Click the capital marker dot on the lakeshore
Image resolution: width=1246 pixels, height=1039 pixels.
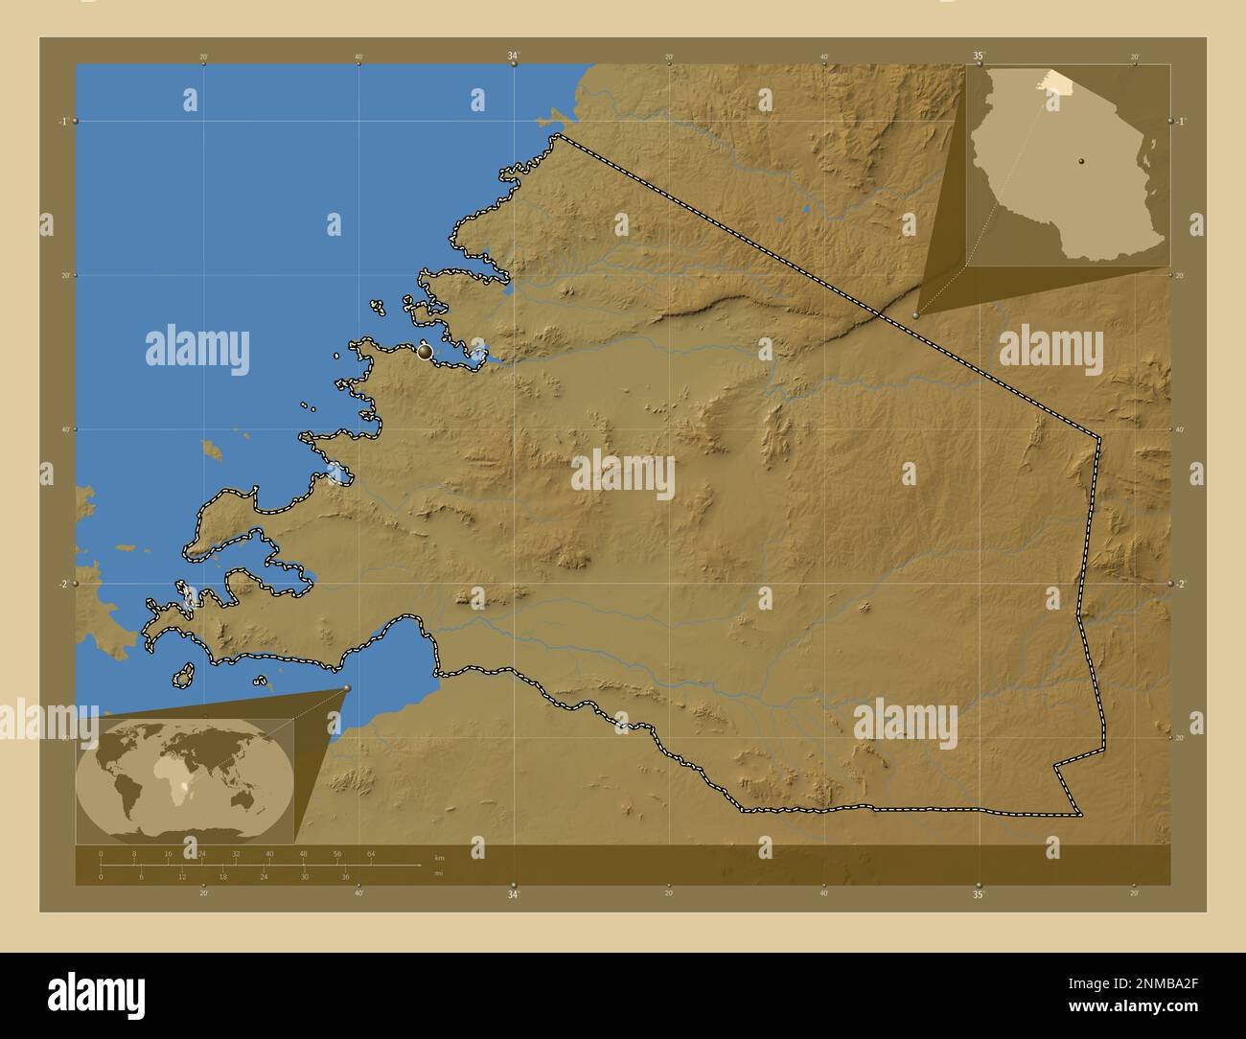(x=426, y=353)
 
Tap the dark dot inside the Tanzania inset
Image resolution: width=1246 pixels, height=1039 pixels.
(x=1080, y=162)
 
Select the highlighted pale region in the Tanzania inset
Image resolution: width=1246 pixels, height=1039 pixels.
(x=1055, y=81)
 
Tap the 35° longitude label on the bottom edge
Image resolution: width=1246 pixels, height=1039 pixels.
(x=978, y=895)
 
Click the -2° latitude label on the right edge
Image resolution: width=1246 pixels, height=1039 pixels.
(x=1181, y=584)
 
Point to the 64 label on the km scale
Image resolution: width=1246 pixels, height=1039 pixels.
(x=371, y=853)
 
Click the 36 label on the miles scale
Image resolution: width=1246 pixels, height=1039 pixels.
(x=345, y=877)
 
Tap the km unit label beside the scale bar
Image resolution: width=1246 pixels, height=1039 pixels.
(x=439, y=857)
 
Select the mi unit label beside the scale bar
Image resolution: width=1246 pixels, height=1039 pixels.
(x=438, y=873)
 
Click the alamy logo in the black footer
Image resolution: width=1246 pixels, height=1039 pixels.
(x=96, y=993)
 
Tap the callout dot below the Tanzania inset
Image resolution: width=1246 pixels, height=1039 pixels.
(x=917, y=314)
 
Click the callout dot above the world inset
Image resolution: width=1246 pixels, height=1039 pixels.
(x=347, y=688)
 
